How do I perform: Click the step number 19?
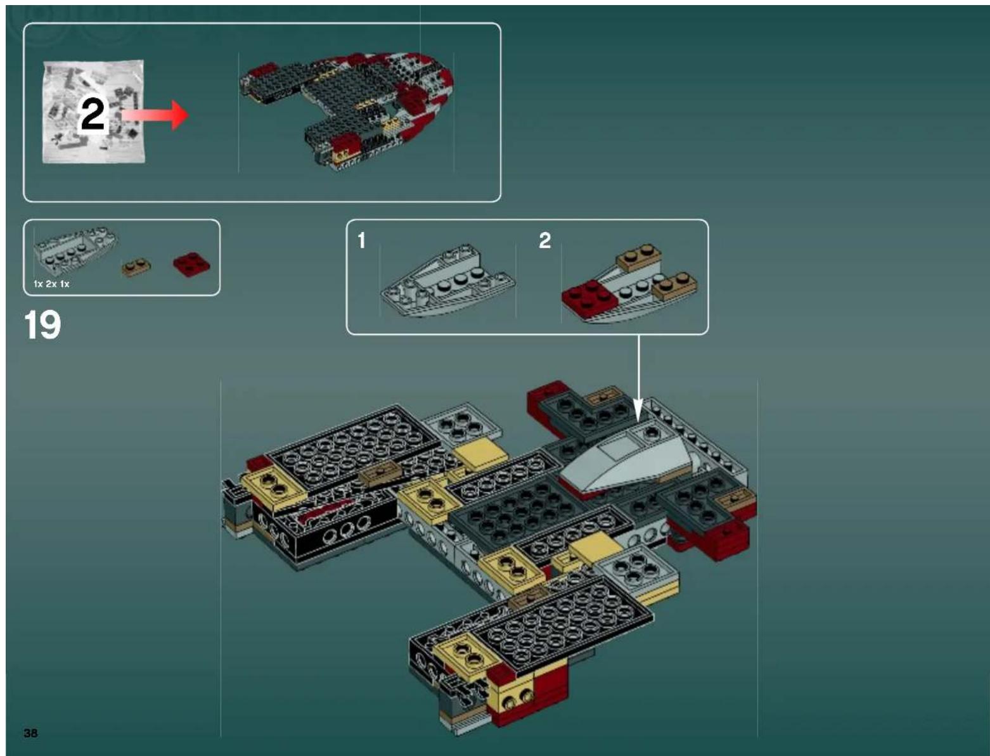pyautogui.click(x=42, y=325)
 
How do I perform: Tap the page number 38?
pyautogui.click(x=30, y=733)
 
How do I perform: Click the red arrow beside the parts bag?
pyautogui.click(x=156, y=115)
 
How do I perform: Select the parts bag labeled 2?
pyautogui.click(x=93, y=112)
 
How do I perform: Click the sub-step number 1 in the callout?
pyautogui.click(x=361, y=240)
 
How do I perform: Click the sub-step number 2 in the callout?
pyautogui.click(x=544, y=240)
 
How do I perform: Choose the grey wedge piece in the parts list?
pyautogui.click(x=75, y=248)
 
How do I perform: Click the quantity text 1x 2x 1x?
pyautogui.click(x=51, y=284)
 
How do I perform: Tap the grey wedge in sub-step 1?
pyautogui.click(x=447, y=283)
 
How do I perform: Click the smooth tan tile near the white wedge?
pyautogui.click(x=482, y=454)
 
